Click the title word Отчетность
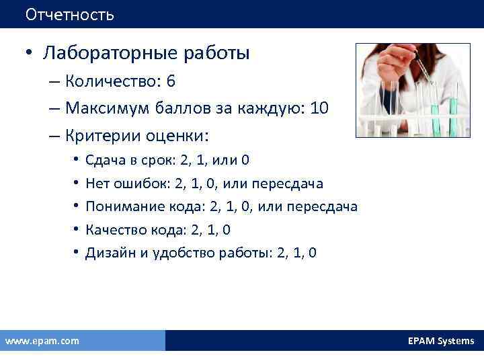70,14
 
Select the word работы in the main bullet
216,53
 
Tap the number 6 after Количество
171,82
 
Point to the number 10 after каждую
319,109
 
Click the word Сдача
102,160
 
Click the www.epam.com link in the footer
42,341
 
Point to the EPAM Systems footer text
440,341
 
